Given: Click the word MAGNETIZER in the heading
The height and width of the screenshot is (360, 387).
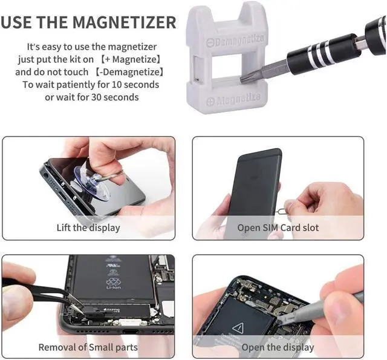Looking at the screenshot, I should coord(124,23).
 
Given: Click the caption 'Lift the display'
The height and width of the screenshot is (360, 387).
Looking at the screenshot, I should coord(88,227).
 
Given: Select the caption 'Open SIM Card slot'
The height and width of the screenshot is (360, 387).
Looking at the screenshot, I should coord(278,227).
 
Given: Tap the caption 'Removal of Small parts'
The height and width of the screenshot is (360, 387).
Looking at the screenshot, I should coord(88,347).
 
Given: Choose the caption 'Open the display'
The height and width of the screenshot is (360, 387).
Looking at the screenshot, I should coord(278,347).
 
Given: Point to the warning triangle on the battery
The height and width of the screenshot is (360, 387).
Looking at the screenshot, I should coord(237,327).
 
